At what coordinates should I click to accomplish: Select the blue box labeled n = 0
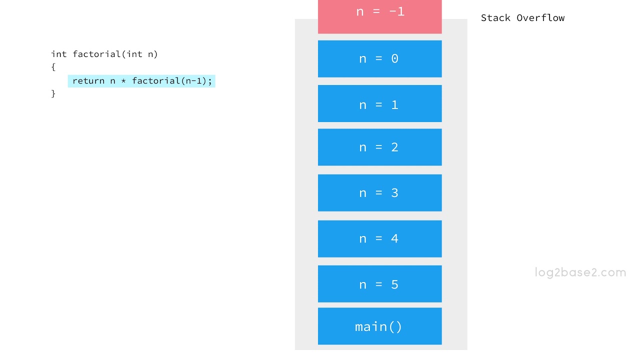tap(380, 59)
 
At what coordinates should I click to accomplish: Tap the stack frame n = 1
tap(380, 104)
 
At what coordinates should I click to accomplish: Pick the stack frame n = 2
tap(380, 147)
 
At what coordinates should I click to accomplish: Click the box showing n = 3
tap(380, 193)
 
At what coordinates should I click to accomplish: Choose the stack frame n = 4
tap(380, 239)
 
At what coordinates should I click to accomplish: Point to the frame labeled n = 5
tap(380, 284)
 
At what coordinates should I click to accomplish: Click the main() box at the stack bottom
tap(380, 326)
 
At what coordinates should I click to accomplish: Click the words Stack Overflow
tap(522, 18)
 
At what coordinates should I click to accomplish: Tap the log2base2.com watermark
tap(580, 272)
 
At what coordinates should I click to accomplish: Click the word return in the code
tap(88, 81)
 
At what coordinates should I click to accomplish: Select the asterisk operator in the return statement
tap(123, 81)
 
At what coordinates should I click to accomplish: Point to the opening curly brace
tap(53, 67)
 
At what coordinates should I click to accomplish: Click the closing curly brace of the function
tap(53, 93)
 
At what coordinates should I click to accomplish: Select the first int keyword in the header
tap(58, 54)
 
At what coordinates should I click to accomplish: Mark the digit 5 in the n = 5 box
tap(394, 284)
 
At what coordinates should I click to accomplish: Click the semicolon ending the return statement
tap(210, 81)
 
